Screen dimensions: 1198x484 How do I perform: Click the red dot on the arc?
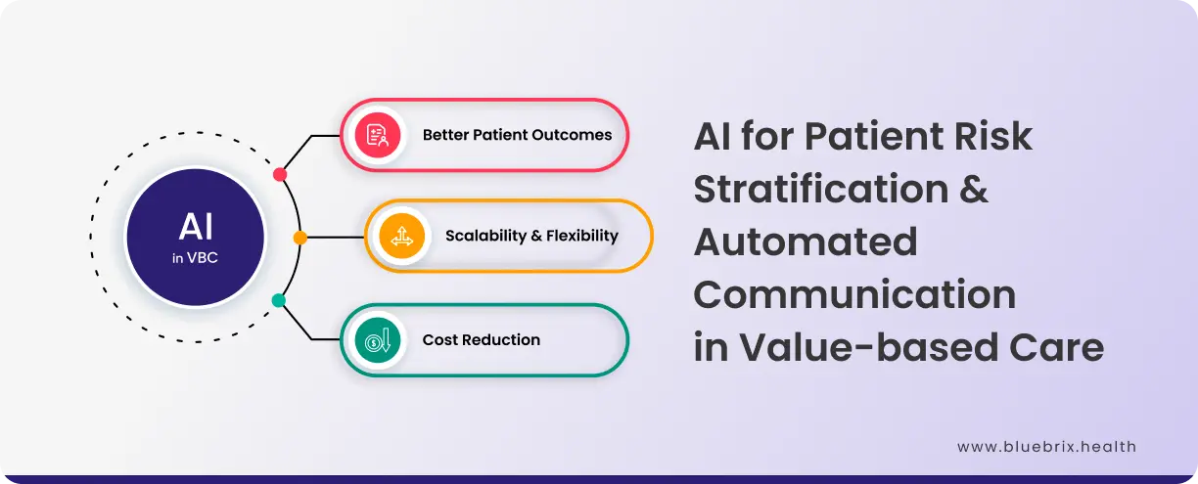[x=280, y=174]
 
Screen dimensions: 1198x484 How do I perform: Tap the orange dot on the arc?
[x=300, y=238]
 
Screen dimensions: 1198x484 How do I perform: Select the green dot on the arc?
[x=279, y=300]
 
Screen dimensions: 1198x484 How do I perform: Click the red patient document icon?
[x=378, y=135]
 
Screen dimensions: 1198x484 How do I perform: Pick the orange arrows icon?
[x=401, y=236]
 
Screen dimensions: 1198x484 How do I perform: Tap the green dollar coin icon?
[x=378, y=340]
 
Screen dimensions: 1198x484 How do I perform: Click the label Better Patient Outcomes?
[x=517, y=135]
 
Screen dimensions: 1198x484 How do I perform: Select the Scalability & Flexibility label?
[x=531, y=236]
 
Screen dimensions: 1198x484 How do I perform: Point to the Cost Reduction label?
[x=482, y=339]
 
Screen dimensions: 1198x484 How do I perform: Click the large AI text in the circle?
[x=196, y=227]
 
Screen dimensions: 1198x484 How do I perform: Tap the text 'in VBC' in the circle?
[x=195, y=258]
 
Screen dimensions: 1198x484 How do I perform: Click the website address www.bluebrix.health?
[x=1046, y=447]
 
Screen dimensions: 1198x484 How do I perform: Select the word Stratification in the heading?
[x=821, y=189]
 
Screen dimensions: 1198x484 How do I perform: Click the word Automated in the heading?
[x=806, y=242]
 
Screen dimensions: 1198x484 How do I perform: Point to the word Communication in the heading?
[x=854, y=294]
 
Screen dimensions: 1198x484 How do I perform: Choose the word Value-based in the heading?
[x=869, y=347]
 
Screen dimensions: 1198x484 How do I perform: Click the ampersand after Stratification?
[x=973, y=189]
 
